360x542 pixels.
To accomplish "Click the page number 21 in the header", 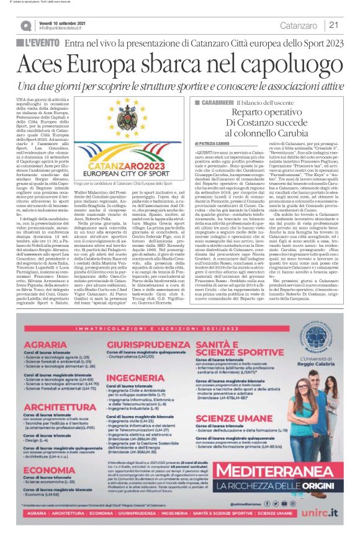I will tap(333, 25).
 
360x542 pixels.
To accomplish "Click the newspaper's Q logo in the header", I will tap(25, 25).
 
